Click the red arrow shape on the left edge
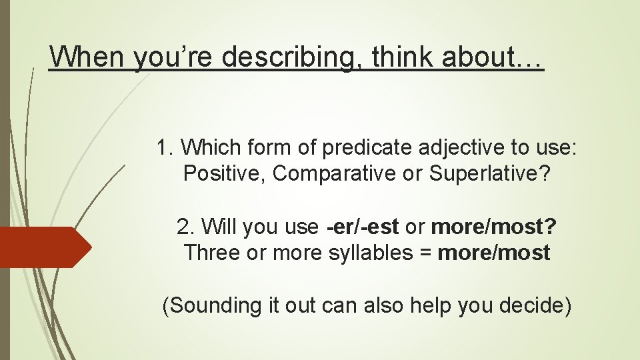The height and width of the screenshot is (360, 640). [x=44, y=247]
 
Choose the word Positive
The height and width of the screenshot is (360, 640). [x=223, y=173]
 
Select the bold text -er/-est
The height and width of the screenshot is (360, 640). [x=363, y=227]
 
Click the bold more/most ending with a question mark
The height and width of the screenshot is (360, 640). [x=494, y=227]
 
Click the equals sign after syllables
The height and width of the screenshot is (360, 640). [x=422, y=253]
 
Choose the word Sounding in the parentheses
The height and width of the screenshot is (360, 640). [x=213, y=306]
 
